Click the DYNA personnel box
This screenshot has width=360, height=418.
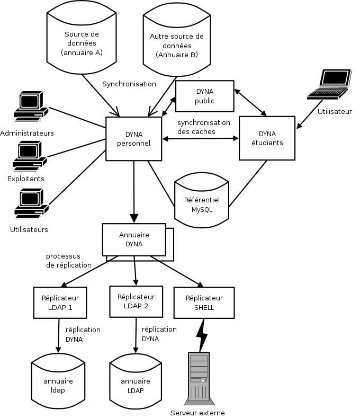coord(133,138)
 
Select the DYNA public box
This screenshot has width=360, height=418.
coord(204,96)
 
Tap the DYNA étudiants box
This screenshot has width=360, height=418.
coord(267,138)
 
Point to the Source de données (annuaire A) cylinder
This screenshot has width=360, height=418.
coord(82,37)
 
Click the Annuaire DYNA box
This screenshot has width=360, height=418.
coord(134,240)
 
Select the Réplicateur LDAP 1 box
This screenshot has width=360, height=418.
coord(57,303)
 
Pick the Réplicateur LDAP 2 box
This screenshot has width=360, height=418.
coord(136,301)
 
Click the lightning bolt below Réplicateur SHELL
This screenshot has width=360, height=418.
coord(201,335)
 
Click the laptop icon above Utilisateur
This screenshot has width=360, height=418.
coord(330,85)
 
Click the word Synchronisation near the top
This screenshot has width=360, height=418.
coord(129,84)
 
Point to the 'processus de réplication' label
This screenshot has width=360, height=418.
coord(68,261)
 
